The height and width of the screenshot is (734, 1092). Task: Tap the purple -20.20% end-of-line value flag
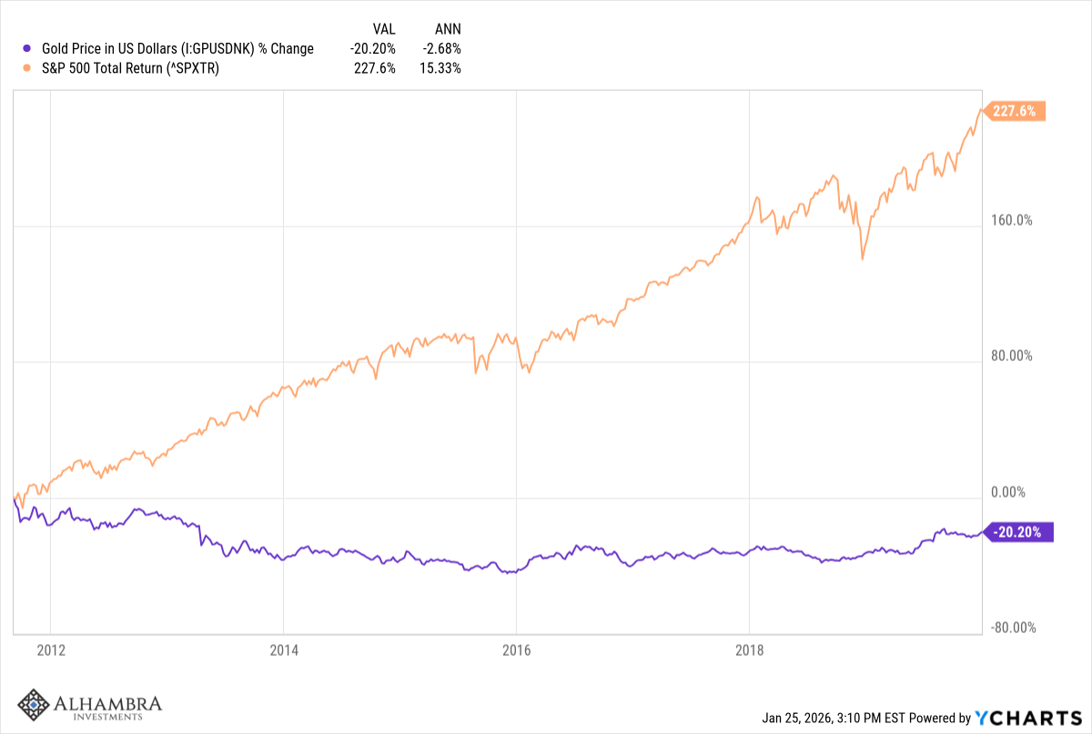(x=1021, y=532)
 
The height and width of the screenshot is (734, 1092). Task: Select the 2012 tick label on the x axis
(x=50, y=650)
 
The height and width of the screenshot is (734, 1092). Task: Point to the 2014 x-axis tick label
(x=283, y=650)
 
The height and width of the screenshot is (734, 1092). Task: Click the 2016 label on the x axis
(x=516, y=650)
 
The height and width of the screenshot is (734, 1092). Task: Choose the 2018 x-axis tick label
(x=749, y=650)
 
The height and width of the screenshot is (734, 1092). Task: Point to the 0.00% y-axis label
(x=1008, y=492)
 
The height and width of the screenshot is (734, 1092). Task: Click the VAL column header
(x=384, y=29)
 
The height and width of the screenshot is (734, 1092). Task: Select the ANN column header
(x=448, y=29)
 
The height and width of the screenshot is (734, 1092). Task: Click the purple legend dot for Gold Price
(x=28, y=48)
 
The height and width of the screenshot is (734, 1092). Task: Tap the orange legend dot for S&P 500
(x=28, y=67)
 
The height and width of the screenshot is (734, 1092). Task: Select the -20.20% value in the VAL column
(x=374, y=48)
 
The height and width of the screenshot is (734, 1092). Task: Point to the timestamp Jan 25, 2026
(x=802, y=719)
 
